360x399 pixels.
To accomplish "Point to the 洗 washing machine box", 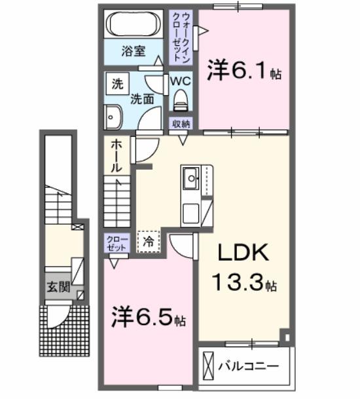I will click(118, 84).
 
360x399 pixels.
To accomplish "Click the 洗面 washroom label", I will click(141, 100).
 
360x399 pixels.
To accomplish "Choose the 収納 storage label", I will click(181, 124).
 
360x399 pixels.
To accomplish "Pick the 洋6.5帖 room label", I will click(147, 318).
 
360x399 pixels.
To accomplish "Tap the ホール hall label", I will click(115, 157).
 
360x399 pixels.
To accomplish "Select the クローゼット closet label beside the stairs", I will click(115, 244).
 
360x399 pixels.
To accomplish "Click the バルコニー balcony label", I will click(248, 366).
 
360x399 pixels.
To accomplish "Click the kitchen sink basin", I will click(191, 177).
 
